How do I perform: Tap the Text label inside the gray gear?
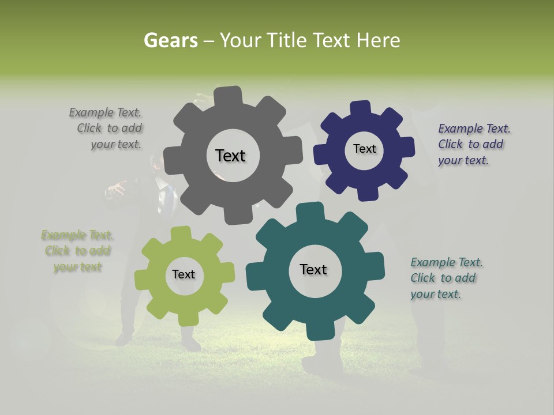[230, 156]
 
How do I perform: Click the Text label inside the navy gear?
[364, 149]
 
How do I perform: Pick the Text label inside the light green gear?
[184, 274]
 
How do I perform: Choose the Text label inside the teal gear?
[313, 269]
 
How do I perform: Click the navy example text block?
[473, 144]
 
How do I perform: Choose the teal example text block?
[446, 278]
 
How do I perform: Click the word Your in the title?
[241, 40]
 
